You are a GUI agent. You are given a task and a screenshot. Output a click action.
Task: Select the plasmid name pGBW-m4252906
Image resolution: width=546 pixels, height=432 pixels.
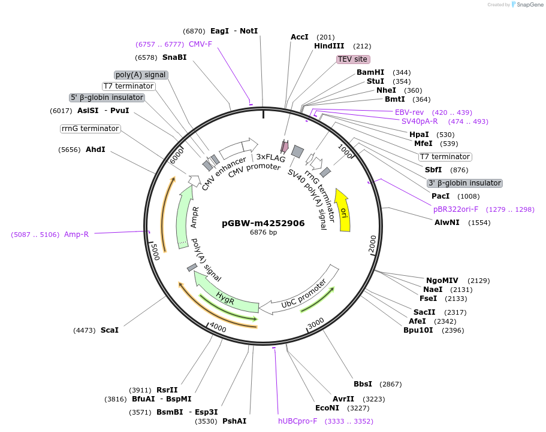coord(263,223)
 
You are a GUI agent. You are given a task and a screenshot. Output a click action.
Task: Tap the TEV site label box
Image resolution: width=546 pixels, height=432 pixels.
coord(352,59)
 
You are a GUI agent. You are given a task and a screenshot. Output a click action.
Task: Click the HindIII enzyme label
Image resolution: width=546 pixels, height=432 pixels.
coord(329,45)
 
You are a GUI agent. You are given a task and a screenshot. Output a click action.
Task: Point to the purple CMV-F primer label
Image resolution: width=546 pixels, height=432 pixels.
coord(200,44)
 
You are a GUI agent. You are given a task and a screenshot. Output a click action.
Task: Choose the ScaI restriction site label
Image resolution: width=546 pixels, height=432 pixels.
coord(110,330)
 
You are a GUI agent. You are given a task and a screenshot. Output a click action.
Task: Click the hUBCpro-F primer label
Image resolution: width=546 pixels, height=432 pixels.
coord(297,421)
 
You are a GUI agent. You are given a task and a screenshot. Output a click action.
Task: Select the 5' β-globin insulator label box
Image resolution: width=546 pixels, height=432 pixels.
coord(107,98)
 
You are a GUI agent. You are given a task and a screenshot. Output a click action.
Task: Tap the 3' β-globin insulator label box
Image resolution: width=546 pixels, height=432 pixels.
coord(464,183)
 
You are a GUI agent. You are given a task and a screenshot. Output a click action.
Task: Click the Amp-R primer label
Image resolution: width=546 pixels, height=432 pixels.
coord(76,234)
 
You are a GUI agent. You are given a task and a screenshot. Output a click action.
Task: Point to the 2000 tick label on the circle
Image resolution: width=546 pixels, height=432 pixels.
coord(372,244)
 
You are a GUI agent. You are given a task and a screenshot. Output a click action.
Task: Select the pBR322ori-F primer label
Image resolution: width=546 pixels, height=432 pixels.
coord(455,209)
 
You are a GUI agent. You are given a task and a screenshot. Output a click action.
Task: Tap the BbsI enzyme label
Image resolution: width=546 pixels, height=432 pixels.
coord(363,384)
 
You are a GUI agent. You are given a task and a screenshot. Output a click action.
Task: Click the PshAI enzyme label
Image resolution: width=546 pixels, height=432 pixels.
coord(234,421)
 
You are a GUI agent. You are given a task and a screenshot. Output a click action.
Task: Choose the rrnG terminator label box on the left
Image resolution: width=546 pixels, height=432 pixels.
coord(91,129)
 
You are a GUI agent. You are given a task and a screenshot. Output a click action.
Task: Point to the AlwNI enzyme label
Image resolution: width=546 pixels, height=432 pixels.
coord(447,222)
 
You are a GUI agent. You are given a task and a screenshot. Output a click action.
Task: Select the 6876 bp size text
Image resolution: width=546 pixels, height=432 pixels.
coord(263,233)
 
